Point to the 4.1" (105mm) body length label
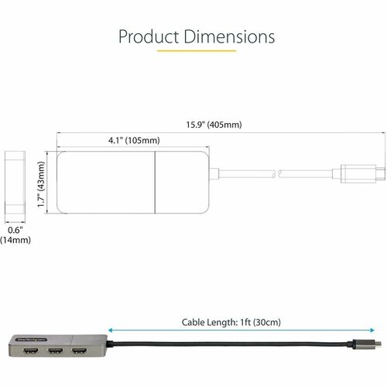tap(132, 141)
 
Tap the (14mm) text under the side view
tap(15, 240)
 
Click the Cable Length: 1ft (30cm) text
tap(231, 322)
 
